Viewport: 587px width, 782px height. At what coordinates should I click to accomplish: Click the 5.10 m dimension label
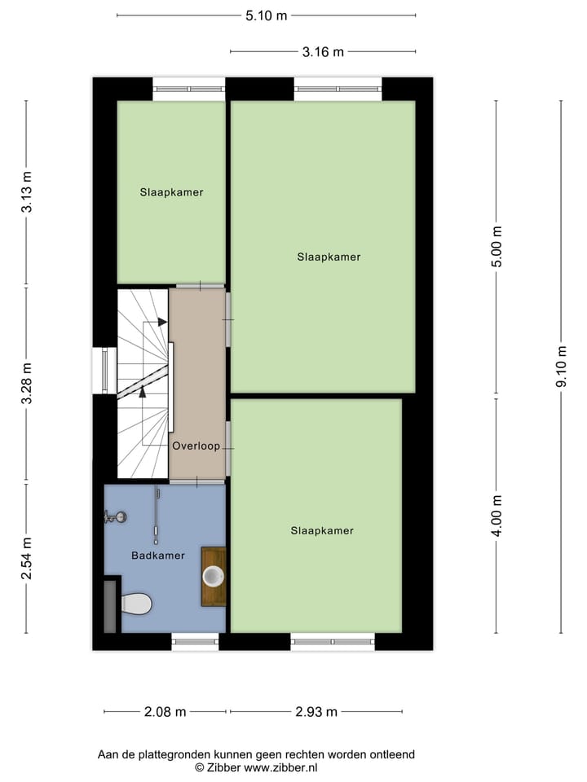click(267, 15)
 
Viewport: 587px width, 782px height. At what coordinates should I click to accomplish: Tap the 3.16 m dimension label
click(323, 52)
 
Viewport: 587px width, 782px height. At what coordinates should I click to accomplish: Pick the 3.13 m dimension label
click(27, 194)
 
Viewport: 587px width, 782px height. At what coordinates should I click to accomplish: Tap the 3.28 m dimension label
click(27, 384)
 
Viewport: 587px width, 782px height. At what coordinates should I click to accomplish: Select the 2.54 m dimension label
click(27, 559)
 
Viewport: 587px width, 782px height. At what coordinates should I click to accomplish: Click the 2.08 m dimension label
click(165, 712)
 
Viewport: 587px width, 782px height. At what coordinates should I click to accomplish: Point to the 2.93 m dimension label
click(316, 712)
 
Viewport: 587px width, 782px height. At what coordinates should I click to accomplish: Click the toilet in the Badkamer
click(135, 604)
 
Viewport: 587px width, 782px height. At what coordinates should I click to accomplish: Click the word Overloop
click(196, 446)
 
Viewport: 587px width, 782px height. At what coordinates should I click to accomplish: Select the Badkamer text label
click(158, 556)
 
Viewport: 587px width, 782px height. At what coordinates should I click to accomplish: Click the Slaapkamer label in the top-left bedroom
click(171, 193)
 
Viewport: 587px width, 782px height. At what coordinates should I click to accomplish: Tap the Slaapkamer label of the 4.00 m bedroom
click(322, 530)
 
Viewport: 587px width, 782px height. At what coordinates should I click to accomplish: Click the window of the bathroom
click(196, 643)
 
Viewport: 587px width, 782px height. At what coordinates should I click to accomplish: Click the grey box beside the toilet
click(111, 605)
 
